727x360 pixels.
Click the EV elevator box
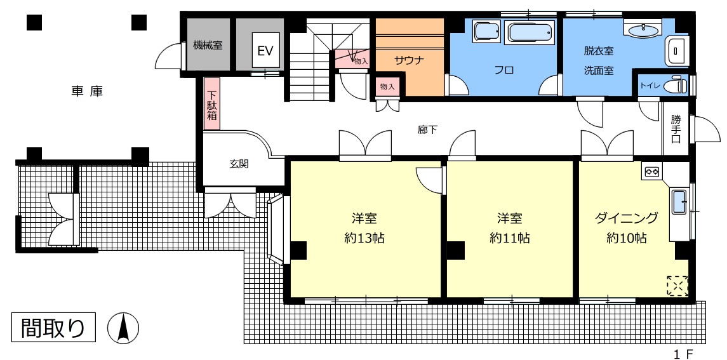265,51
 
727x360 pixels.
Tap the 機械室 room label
208,46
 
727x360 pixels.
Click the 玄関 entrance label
239,164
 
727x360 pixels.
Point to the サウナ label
410,60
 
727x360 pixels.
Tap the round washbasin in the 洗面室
643,30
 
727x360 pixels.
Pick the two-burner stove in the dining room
652,171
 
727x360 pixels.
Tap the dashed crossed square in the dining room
677,285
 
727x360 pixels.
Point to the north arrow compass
123,328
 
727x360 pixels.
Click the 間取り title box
53,328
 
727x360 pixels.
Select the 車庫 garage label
87,91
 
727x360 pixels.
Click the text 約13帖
364,238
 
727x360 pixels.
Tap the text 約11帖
510,238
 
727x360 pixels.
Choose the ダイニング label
627,217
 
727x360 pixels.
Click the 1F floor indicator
683,354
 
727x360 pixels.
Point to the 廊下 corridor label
427,130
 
